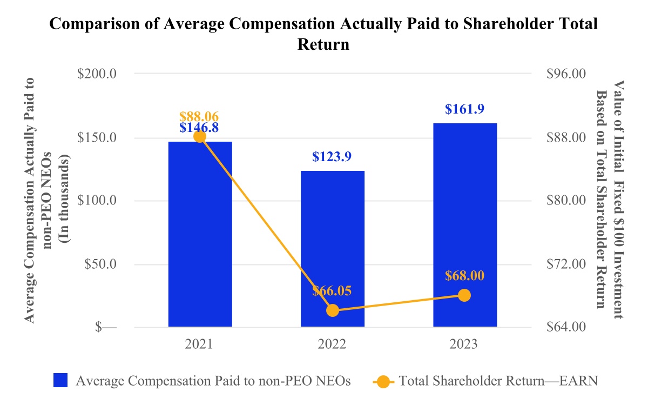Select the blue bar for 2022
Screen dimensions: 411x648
click(332, 249)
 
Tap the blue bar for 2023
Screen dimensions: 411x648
click(464, 225)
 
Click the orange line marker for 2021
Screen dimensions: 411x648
click(200, 136)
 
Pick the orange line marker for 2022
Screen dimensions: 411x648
click(333, 310)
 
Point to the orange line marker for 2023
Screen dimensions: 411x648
click(464, 295)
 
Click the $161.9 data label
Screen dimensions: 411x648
click(464, 109)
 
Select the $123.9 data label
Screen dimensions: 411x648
click(332, 157)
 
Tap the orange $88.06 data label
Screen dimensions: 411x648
click(199, 116)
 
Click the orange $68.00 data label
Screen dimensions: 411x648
click(464, 275)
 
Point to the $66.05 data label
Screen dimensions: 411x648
click(332, 291)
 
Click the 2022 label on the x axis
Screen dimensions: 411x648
click(332, 344)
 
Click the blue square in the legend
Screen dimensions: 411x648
click(60, 381)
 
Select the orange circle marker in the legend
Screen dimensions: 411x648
click(383, 381)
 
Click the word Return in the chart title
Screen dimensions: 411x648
click(323, 44)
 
